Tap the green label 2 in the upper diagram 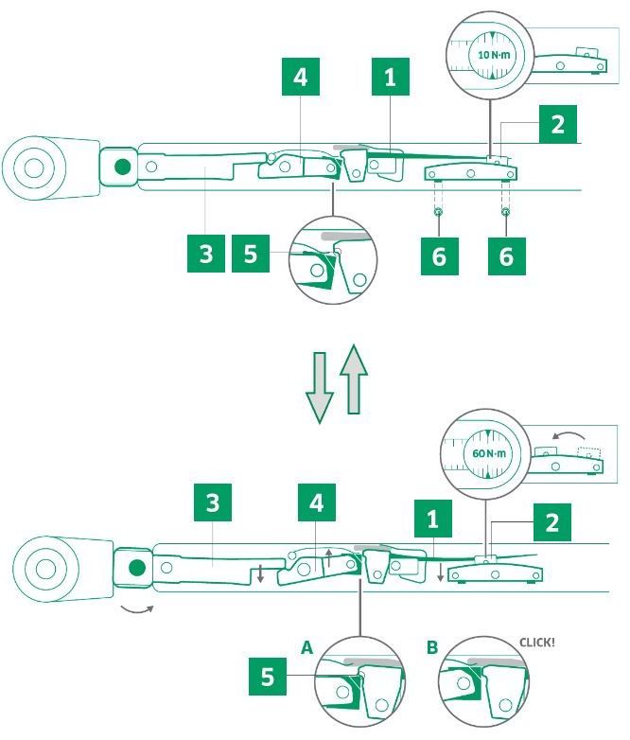tap(557, 125)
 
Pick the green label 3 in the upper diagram tap(206, 255)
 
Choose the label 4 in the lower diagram tap(316, 503)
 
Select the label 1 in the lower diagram tap(433, 520)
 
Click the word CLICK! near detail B tap(537, 643)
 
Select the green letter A tap(306, 648)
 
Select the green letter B tap(432, 648)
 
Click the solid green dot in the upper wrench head tap(122, 167)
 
